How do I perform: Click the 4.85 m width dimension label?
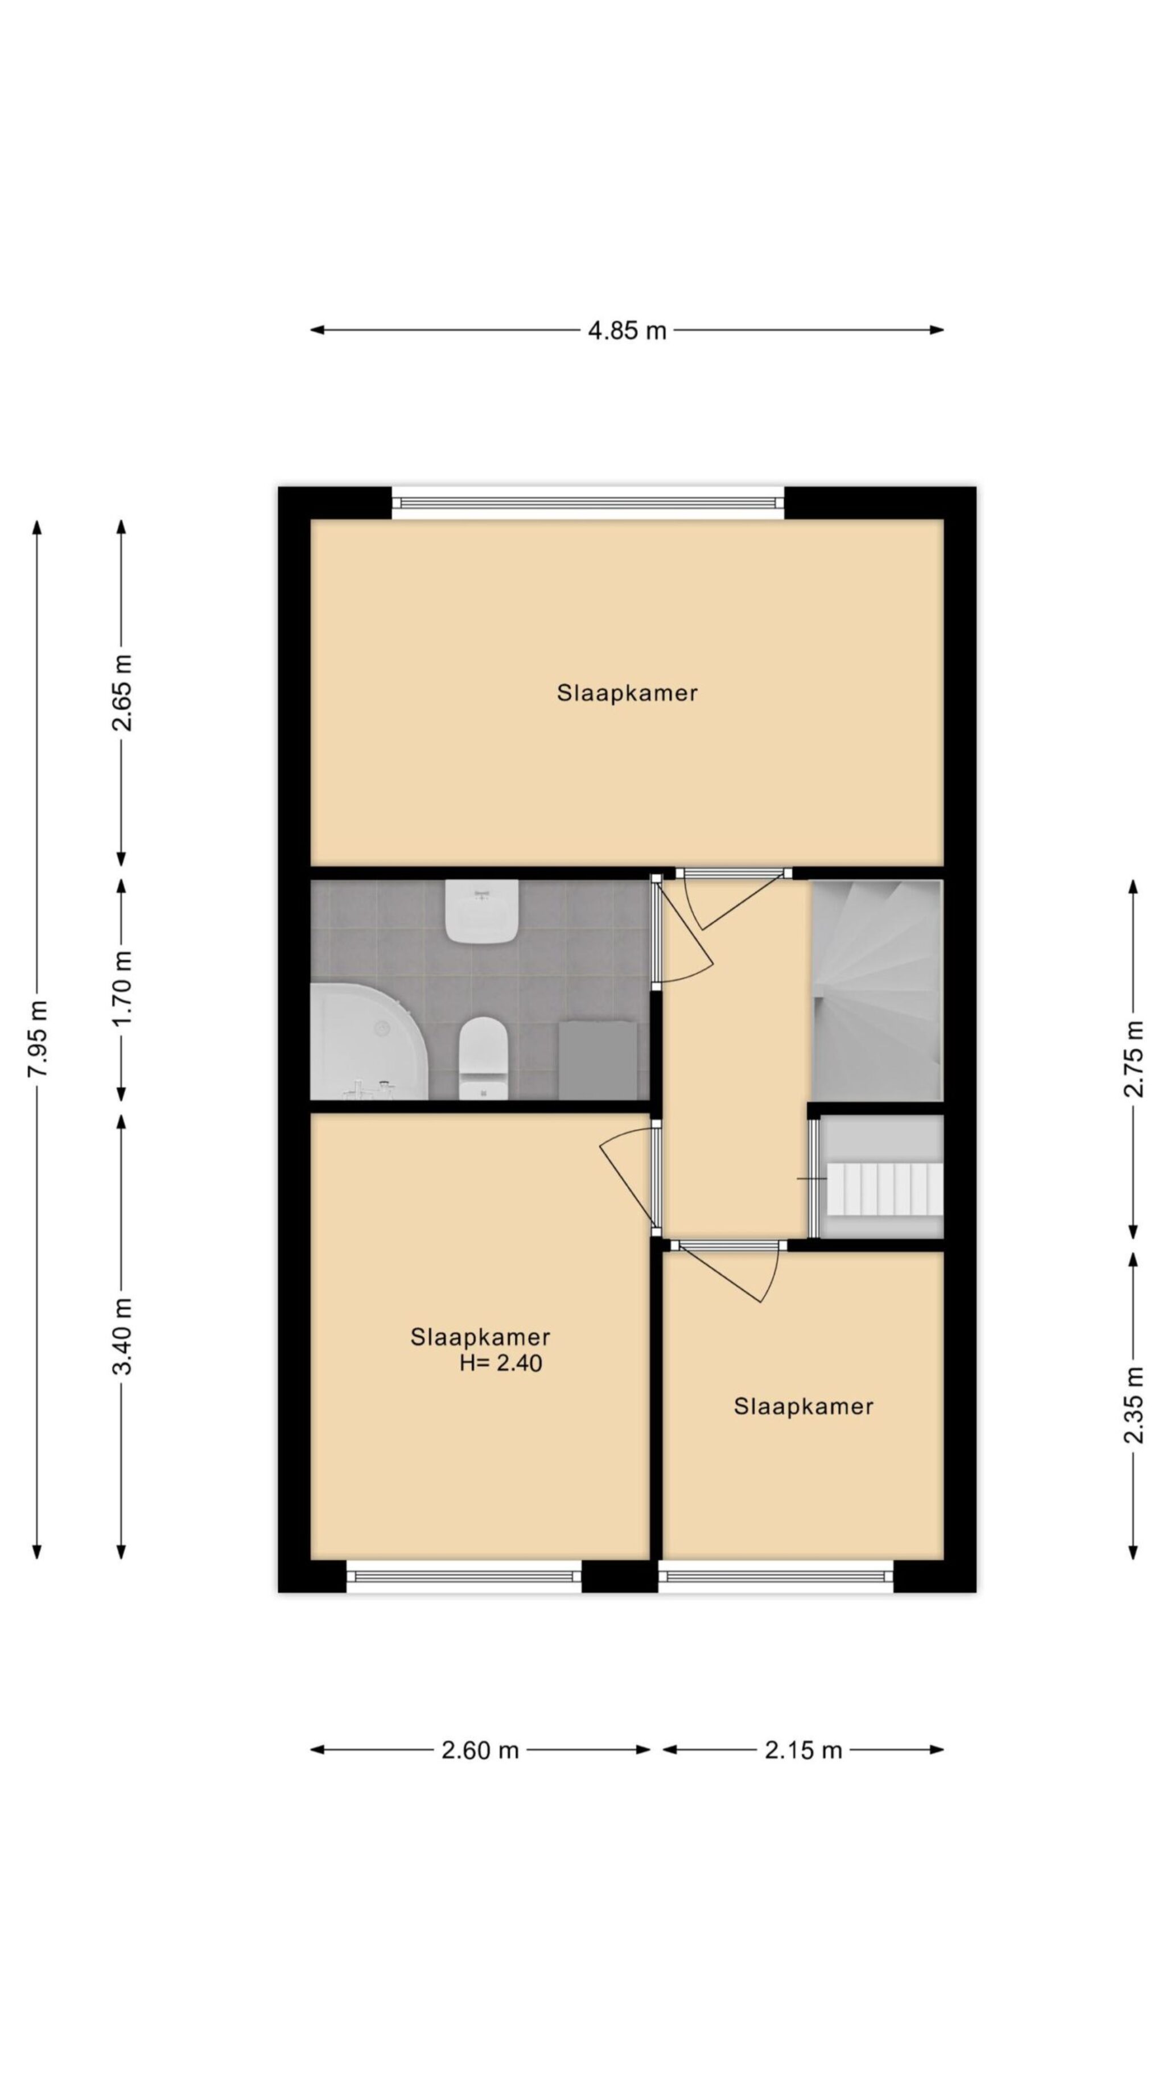627,330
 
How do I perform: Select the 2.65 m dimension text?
122,692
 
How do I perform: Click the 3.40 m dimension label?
122,1336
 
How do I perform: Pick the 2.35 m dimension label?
1134,1405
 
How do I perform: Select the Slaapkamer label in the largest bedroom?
627,693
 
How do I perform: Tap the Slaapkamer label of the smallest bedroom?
802,1407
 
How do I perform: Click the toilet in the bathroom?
483,1058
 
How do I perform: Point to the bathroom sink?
482,912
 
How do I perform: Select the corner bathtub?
369,1041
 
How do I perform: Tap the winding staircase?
876,990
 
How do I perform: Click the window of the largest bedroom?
588,503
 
